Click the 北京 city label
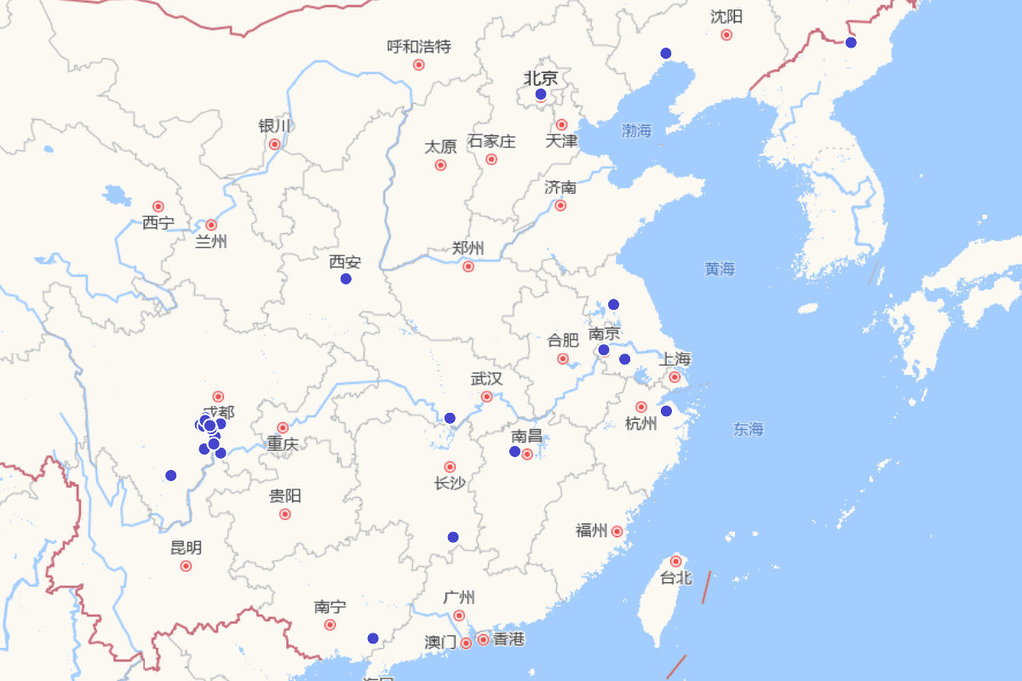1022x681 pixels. tap(541, 78)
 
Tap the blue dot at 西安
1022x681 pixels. tap(346, 279)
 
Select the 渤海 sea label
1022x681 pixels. tap(636, 131)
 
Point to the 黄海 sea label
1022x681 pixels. tap(720, 269)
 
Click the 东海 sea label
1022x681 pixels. tap(749, 430)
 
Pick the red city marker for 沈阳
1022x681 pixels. tap(726, 35)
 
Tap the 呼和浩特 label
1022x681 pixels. tap(419, 47)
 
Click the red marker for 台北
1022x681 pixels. tap(676, 562)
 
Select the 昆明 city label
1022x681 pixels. tap(187, 547)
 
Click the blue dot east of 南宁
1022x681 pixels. tap(372, 638)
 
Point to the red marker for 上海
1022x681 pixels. tap(675, 377)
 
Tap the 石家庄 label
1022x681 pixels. tap(491, 141)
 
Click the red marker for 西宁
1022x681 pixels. tap(158, 207)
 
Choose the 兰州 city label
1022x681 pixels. tap(211, 242)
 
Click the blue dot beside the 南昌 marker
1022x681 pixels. tap(514, 451)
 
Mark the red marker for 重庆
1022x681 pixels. tap(283, 428)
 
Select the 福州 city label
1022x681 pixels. tap(591, 531)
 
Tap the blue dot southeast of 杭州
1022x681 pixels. tap(667, 411)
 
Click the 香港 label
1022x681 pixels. tap(508, 638)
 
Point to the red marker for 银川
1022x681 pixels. tap(275, 145)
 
